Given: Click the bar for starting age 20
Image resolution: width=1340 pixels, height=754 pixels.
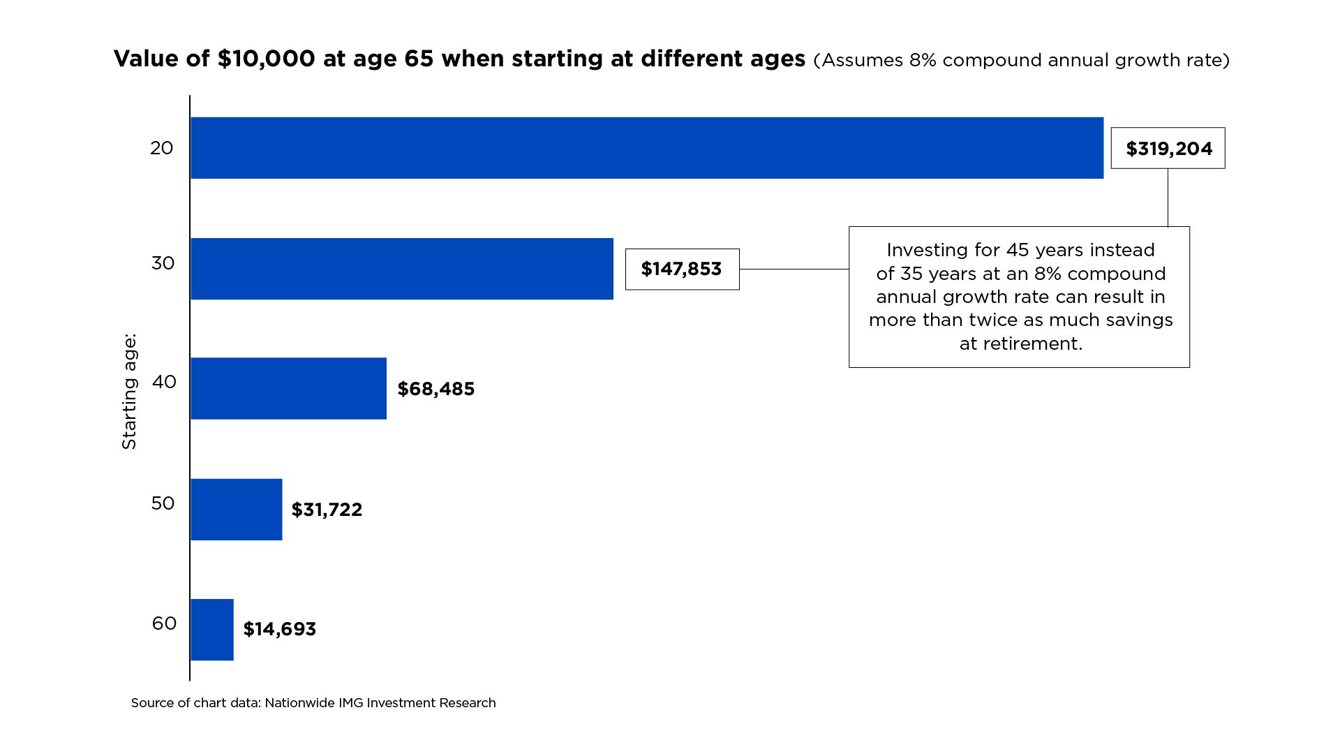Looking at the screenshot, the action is (x=647, y=148).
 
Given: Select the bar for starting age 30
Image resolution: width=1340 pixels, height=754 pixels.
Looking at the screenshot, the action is (x=402, y=269).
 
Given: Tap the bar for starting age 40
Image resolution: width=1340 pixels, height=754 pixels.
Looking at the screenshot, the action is (x=288, y=388).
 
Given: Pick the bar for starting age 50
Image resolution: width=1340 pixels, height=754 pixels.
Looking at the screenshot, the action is (x=237, y=509).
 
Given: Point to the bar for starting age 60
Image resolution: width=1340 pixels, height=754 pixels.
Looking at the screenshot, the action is (x=212, y=630).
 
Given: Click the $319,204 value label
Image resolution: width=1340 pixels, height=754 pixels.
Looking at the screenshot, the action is (x=1169, y=149).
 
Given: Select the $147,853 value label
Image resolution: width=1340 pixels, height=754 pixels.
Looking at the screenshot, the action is (x=681, y=269).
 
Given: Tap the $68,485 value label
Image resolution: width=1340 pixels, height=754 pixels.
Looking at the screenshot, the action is (x=436, y=389).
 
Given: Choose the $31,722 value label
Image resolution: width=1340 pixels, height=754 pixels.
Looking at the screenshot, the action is (x=327, y=510).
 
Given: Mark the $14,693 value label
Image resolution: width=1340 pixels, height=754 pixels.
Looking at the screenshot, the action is (x=279, y=629).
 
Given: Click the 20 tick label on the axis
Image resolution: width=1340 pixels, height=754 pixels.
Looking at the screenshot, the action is (x=162, y=148).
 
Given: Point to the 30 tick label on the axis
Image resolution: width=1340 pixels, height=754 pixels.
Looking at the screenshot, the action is (x=163, y=263).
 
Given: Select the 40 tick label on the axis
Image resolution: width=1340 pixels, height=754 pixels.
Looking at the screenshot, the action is (x=164, y=382).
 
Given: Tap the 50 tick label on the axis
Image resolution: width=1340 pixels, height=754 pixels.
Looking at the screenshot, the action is (x=163, y=503).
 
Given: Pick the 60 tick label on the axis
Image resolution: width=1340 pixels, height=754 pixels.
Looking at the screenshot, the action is (x=164, y=623).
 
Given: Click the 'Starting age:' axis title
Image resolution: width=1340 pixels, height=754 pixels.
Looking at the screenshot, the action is (x=129, y=392).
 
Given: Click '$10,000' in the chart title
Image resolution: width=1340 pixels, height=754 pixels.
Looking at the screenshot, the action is (x=266, y=59).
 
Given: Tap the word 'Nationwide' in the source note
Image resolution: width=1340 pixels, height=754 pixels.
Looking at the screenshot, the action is (x=299, y=703).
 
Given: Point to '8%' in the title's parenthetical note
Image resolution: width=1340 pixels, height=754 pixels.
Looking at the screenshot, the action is (x=923, y=60).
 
